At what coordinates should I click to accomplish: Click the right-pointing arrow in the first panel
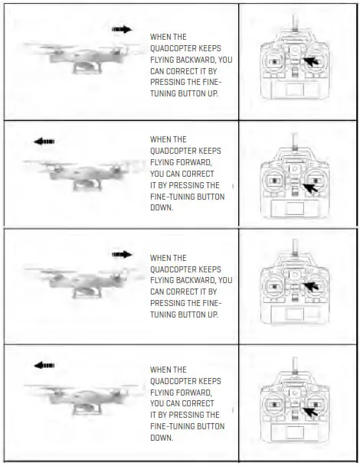pos(122,30)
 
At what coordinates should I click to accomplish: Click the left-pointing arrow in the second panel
pos(44,142)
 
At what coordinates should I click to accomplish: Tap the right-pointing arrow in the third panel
pos(122,254)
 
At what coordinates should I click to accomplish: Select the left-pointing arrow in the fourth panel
pos(44,366)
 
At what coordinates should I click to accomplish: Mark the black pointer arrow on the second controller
pos(309,187)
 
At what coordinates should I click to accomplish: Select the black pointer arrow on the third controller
pos(309,288)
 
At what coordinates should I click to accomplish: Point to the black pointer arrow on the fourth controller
pos(309,413)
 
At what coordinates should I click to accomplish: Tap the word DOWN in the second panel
pos(161,207)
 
